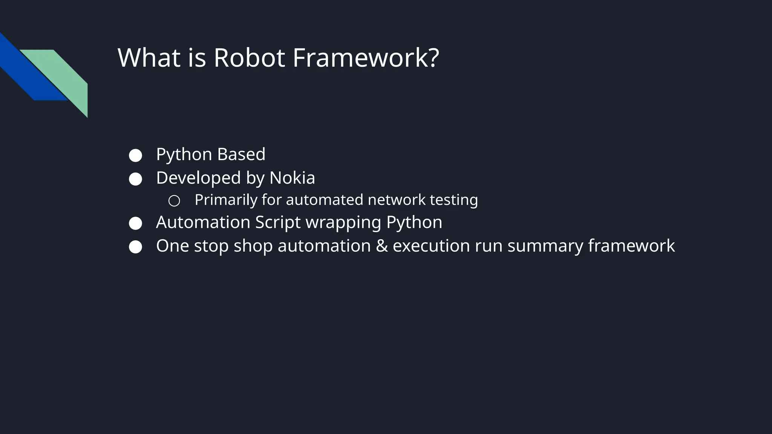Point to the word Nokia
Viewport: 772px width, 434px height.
292,178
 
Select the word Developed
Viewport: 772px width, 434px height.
198,178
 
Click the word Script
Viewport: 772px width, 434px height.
278,222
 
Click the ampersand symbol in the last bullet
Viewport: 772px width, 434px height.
382,246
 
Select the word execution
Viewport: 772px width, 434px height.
431,246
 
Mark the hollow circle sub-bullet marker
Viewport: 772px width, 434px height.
174,201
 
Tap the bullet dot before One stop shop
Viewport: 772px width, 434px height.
135,247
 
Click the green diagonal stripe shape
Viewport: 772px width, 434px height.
66,75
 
